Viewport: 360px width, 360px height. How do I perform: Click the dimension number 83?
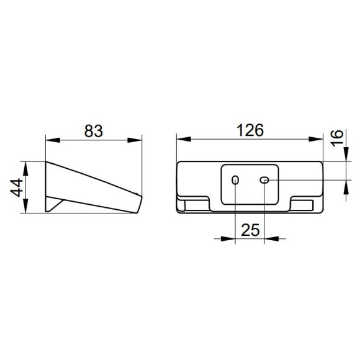94,131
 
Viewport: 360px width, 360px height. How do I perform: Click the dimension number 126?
250,130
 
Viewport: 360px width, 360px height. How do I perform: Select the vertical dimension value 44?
17,187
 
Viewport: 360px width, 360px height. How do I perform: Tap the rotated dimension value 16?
337,138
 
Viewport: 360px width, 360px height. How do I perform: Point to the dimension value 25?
250,230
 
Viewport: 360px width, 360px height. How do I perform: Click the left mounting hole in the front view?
235,180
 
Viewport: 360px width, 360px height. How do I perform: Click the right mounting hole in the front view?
264,180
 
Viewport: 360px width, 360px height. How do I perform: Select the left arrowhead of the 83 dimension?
53,140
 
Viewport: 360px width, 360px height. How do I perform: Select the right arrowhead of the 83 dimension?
135,140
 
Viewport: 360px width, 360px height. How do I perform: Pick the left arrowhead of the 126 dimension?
184,139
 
